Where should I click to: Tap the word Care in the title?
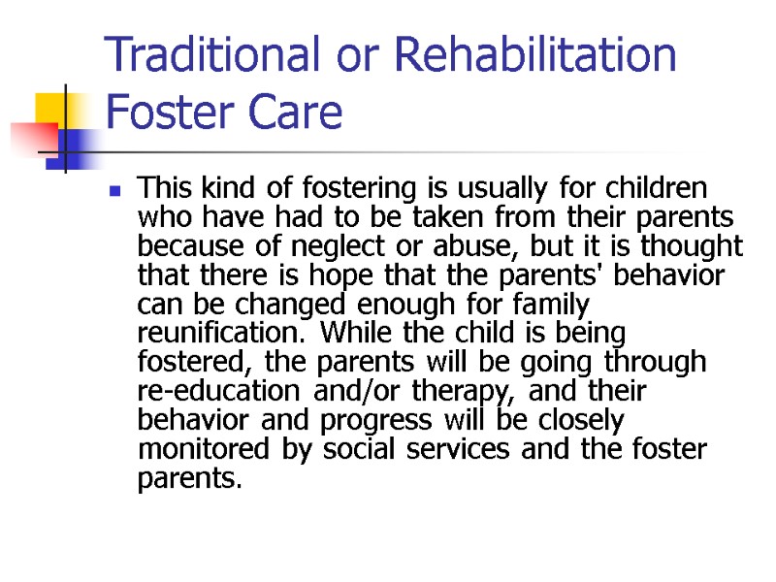tap(300, 113)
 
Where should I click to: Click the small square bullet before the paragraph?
tap(115, 191)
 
